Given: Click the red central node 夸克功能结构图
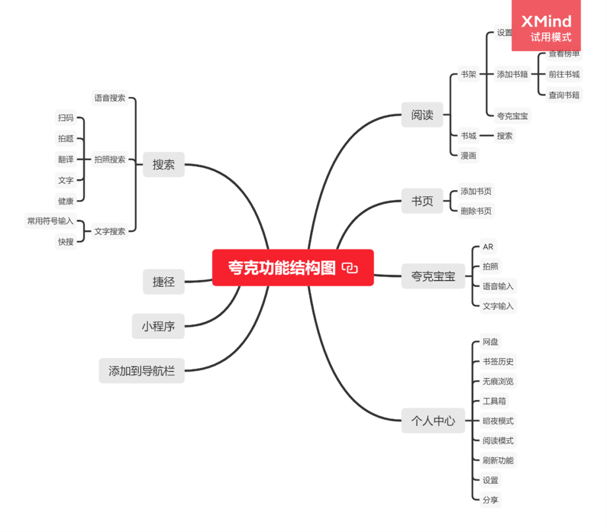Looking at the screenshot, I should tap(281, 268).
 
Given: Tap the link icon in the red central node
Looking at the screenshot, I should tap(350, 268).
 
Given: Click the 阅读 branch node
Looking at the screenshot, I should tap(422, 115).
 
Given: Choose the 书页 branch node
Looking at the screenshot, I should tap(422, 201).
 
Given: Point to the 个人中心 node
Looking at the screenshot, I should tap(433, 420).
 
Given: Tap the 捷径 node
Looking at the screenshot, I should tap(164, 281).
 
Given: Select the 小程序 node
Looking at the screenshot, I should tap(158, 326).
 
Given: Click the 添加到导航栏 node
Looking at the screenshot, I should tap(142, 371).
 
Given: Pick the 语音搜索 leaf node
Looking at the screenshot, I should tap(110, 98).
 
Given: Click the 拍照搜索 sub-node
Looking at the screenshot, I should tap(110, 160).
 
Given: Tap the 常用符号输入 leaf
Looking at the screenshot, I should tap(51, 221).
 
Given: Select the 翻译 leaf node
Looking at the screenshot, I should tap(66, 160).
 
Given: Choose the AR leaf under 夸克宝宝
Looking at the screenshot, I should tap(488, 247).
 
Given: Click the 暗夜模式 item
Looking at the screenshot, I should tap(498, 421).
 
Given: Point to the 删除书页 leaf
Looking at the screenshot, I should tap(476, 211).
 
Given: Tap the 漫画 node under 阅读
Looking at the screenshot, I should tap(468, 156).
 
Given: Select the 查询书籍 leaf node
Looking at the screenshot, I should tap(564, 95).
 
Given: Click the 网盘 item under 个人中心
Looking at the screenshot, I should tap(490, 342).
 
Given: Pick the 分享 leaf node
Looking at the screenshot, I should tap(490, 499).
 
